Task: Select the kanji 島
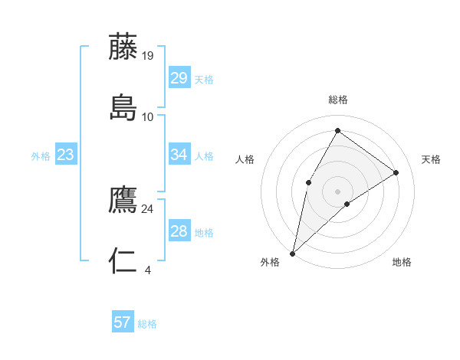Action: (123, 107)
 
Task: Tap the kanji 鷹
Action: (123, 199)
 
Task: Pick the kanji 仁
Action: (123, 261)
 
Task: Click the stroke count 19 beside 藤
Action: (149, 55)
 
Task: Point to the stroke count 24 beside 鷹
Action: (148, 208)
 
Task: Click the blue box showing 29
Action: (179, 78)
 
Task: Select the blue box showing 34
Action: (179, 155)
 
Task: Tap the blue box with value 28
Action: (179, 231)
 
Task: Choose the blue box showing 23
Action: (65, 155)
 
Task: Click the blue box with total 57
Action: (123, 322)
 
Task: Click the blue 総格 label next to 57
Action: (147, 324)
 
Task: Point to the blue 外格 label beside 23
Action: (41, 156)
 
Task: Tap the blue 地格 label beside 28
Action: (204, 233)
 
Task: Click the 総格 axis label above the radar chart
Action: (337, 100)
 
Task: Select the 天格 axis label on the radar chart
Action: (431, 159)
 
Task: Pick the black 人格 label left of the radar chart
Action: (245, 159)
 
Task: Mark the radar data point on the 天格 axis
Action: (396, 172)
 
